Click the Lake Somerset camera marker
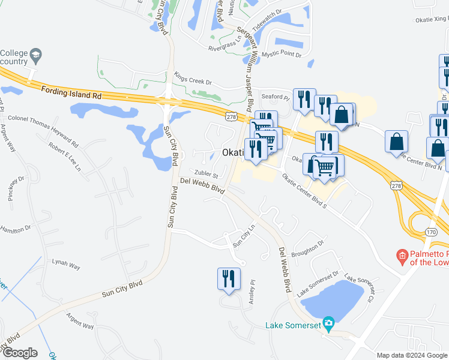tap(328, 324)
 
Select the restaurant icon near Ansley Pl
tap(229, 280)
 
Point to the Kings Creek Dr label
tap(193, 79)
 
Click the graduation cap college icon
tap(36, 56)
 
